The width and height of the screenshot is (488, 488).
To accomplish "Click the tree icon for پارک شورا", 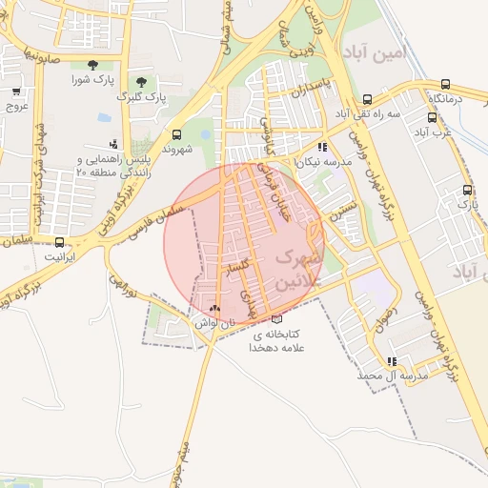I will click(92, 65).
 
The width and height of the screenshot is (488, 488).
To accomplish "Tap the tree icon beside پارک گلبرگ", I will click(141, 81).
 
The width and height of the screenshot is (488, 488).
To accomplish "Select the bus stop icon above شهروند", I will click(176, 134).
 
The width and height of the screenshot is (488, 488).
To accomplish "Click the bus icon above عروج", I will click(16, 91).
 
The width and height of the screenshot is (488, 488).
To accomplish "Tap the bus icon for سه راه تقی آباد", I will click(368, 99).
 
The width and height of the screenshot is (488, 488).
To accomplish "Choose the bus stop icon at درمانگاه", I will click(443, 84).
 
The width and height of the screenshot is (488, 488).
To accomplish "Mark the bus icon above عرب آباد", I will click(432, 118).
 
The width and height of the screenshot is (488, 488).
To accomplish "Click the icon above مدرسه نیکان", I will click(322, 148).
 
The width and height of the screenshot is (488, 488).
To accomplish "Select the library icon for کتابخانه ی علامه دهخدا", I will click(276, 320).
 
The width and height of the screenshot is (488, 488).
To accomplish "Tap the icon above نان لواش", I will click(213, 309).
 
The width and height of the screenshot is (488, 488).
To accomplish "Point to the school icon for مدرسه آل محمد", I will click(391, 361).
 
